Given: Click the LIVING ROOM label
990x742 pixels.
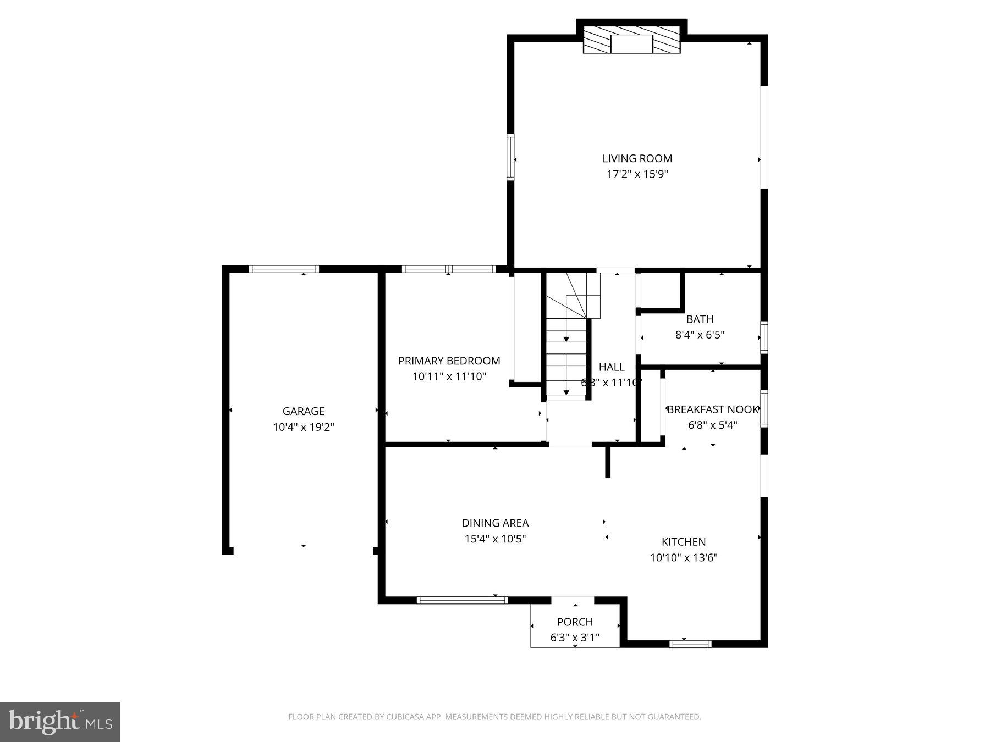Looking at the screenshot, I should click(637, 159).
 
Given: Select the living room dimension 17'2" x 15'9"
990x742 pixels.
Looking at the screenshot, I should click(637, 175).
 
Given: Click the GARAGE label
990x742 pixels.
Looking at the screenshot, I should click(303, 411).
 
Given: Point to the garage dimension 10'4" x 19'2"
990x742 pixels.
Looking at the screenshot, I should click(303, 427).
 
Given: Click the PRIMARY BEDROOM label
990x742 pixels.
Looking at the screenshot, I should click(449, 361).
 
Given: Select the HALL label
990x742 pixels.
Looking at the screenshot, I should click(611, 367).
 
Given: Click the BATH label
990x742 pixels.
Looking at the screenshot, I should click(700, 319).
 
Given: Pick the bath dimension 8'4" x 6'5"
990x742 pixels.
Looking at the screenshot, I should click(700, 335).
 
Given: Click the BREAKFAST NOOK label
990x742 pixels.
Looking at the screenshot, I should click(712, 409).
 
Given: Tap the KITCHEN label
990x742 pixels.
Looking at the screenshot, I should click(683, 542).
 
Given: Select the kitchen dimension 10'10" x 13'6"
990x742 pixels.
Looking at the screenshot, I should click(683, 558).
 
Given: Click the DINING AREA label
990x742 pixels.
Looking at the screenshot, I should click(495, 523).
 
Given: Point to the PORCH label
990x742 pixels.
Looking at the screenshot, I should click(575, 622).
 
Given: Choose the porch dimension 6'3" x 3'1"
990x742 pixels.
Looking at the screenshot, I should click(575, 638).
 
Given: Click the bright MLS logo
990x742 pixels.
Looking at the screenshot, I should click(60, 722).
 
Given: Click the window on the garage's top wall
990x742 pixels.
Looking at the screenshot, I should click(284, 269).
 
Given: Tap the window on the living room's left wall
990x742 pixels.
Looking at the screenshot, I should click(510, 157).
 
